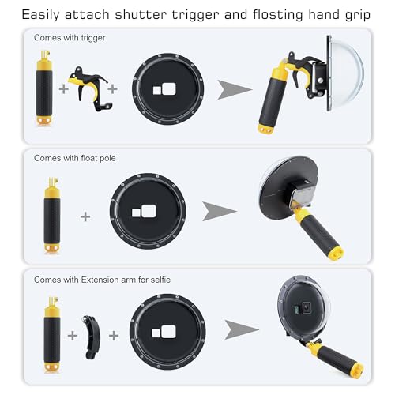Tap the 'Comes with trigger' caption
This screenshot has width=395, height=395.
tap(70, 38)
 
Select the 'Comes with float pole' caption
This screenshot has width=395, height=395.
tap(75, 157)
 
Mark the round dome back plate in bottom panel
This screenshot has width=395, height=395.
tap(167, 335)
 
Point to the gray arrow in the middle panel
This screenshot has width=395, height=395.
tap(219, 212)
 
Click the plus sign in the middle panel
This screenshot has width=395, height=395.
tap(85, 215)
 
